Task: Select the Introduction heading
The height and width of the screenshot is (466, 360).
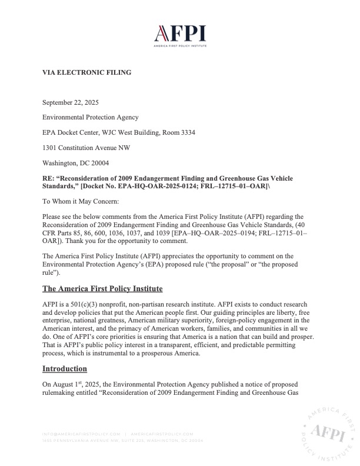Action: [65, 369]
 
